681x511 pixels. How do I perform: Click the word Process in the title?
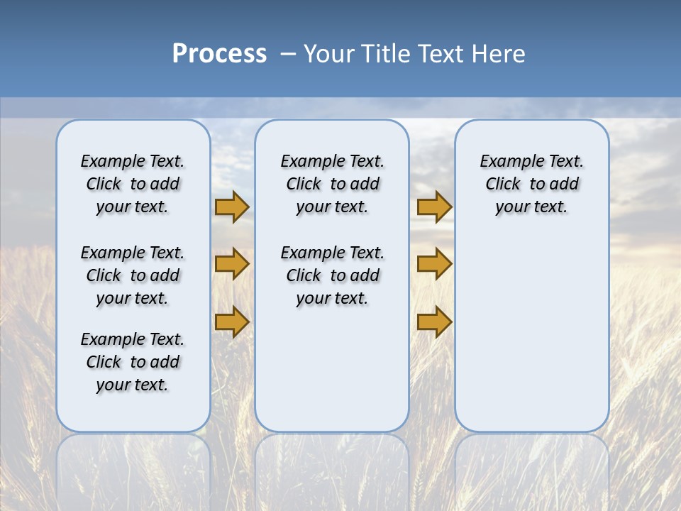[x=219, y=53]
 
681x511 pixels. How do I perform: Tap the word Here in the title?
[x=499, y=54]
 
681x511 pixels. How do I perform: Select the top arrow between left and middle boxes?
[x=232, y=207]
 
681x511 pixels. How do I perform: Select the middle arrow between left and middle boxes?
[x=232, y=264]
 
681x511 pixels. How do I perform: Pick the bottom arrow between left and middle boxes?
[x=232, y=321]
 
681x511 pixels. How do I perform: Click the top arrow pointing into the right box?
[x=434, y=207]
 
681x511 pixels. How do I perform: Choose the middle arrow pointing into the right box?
[x=434, y=264]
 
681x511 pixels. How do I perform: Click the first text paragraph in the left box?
[x=133, y=184]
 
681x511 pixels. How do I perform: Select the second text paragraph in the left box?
[x=133, y=275]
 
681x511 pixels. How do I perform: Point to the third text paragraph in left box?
[x=133, y=362]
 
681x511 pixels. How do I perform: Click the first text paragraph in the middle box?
[x=332, y=184]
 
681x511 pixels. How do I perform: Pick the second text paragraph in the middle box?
[x=332, y=275]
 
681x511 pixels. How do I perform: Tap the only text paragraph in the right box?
[x=532, y=184]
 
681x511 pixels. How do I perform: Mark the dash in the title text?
[x=287, y=54]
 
